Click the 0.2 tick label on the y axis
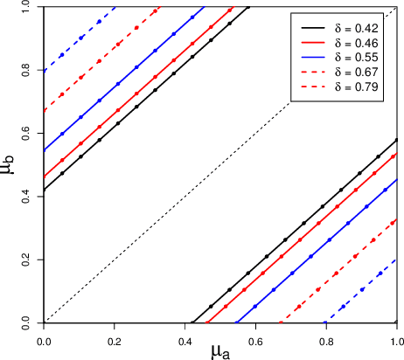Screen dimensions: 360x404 33,260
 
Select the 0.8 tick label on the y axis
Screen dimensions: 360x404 33,70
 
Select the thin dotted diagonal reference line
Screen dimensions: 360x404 219,165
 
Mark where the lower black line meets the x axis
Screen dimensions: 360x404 192,323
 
